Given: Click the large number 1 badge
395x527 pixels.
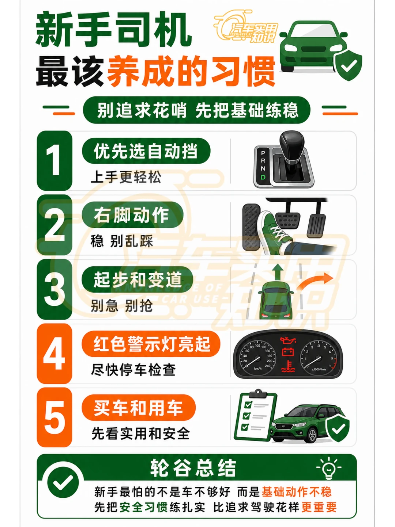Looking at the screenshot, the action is pos(54,160).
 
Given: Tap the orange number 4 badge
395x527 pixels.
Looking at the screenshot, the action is pos(54,353).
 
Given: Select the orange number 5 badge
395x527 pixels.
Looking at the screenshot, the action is pos(54,417).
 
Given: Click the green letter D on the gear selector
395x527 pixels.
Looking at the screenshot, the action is pos(263,177).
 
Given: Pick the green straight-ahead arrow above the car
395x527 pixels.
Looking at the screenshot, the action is pos(278,272).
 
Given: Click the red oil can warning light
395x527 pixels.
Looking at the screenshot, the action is pos(287,341).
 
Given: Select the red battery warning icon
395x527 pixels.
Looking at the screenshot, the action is pos(288,352).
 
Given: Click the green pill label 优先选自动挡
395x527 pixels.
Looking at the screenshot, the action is pos(146,151).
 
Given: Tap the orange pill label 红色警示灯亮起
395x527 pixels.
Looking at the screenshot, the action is pos(151,344).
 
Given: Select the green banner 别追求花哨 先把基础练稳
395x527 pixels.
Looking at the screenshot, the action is pos(197,110).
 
